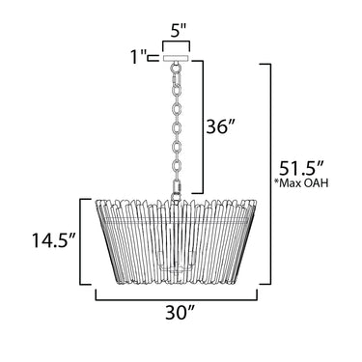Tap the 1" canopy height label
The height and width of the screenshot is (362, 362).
point(139,57)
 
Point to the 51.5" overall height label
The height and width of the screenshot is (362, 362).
point(301,168)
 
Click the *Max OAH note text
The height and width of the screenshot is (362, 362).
point(301,183)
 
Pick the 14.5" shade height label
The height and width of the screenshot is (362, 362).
point(53,240)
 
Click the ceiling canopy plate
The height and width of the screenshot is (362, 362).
point(176,59)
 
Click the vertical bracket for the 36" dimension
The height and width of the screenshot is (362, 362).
point(203,126)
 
